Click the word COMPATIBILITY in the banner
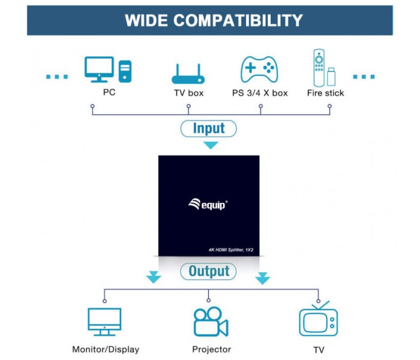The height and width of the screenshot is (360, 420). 238,20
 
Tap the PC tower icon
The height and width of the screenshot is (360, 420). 125,71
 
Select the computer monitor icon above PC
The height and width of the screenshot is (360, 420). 99,70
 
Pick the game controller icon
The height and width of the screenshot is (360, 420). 259,69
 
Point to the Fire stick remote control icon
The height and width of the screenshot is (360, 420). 319,68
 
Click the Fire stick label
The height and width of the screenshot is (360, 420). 325,93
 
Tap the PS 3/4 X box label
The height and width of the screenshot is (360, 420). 260,93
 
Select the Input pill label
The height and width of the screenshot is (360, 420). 209,128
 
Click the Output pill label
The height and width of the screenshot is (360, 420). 208,271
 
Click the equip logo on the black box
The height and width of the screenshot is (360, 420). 208,205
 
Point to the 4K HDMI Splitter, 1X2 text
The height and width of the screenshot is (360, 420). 231,250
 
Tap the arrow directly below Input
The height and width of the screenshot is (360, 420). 211,145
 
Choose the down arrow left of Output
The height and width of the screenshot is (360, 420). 154,277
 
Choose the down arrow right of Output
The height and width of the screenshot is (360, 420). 263,278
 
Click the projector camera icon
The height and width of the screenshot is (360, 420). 211,322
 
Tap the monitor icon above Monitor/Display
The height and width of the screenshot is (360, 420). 104,322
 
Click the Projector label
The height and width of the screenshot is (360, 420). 212,349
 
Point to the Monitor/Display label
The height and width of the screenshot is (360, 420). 106,349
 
